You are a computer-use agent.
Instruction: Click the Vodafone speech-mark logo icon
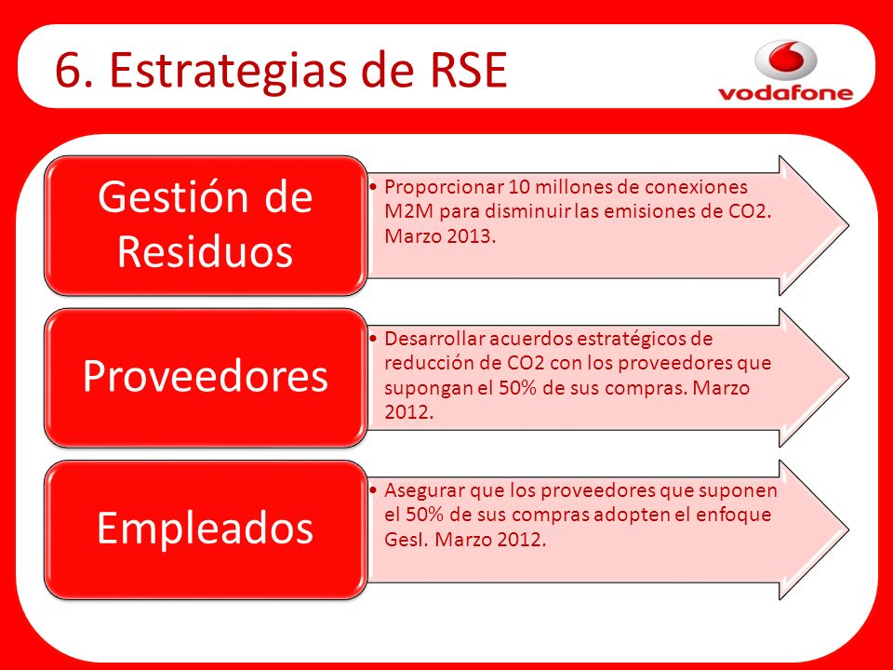(x=786, y=59)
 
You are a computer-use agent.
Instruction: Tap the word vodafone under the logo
(x=786, y=93)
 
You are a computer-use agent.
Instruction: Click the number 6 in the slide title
(x=68, y=70)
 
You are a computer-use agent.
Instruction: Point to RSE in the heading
(x=468, y=70)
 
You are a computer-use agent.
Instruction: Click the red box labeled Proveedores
(x=205, y=377)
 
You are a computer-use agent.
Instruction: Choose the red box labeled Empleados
(x=205, y=529)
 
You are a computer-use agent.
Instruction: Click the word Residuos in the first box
(x=205, y=251)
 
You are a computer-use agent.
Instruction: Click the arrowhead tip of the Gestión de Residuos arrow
(x=848, y=225)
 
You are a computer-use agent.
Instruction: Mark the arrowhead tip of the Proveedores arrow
(x=848, y=377)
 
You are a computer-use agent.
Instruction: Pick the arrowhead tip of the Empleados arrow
(x=848, y=529)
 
